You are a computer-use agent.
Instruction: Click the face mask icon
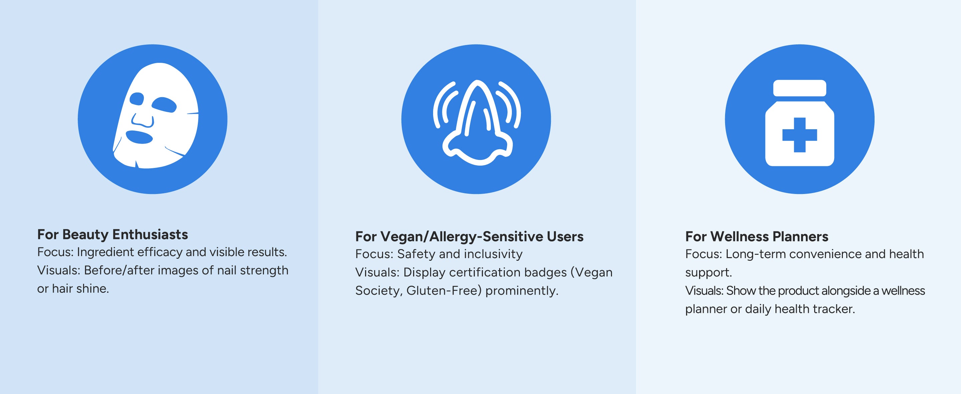click(x=155, y=116)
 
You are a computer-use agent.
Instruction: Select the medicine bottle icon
click(x=799, y=123)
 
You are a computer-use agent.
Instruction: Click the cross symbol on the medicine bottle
click(x=799, y=135)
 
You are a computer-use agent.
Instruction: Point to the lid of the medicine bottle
click(x=799, y=88)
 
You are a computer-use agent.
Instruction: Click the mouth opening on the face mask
click(x=139, y=137)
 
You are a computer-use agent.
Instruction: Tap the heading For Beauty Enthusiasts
click(x=112, y=234)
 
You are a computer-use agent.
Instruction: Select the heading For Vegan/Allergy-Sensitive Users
click(x=469, y=236)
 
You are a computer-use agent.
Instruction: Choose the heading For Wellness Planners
click(x=756, y=236)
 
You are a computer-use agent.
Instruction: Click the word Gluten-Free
click(x=442, y=290)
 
